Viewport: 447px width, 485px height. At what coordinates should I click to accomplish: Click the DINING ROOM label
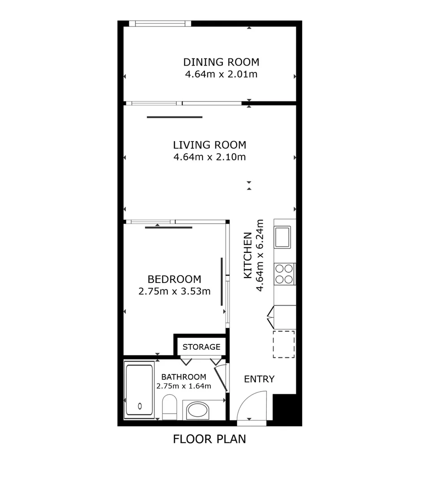point(221,62)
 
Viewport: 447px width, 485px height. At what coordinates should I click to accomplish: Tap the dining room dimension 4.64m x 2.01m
point(221,74)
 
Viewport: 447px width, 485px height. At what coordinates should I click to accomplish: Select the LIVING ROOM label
point(209,145)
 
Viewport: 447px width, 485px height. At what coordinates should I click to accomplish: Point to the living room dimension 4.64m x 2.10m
point(209,157)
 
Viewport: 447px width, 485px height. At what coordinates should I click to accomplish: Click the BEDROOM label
point(174,279)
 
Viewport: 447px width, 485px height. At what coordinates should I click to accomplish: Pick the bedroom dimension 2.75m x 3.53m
point(174,291)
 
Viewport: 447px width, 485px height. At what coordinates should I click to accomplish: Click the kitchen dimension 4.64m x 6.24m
point(259,255)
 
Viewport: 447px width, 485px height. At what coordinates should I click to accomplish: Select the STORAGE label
point(201,347)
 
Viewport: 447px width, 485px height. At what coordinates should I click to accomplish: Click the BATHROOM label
point(184,377)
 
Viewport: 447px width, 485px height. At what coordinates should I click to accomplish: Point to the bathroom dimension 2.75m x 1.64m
point(184,385)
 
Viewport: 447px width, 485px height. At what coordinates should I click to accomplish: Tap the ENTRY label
point(259,379)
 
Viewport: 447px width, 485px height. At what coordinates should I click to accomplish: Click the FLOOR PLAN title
point(209,439)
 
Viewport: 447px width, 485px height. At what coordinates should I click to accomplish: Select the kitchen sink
point(282,237)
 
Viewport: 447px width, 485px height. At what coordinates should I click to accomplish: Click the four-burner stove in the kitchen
point(284,274)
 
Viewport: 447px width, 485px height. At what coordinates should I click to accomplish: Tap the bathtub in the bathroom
point(139,391)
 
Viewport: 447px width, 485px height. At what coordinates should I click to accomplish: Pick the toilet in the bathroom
point(170,406)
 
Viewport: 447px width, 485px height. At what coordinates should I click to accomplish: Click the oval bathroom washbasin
point(197,410)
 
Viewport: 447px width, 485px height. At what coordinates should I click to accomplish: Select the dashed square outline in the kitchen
point(284,344)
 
